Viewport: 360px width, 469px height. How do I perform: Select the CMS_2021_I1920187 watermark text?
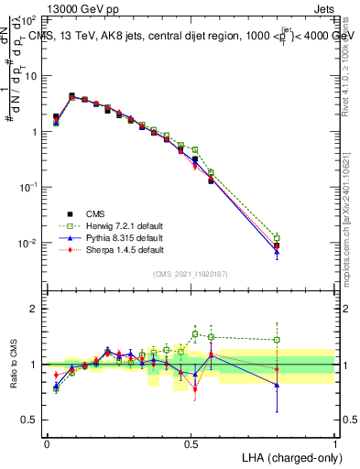[x=191, y=274]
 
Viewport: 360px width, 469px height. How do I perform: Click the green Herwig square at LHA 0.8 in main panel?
[x=278, y=238]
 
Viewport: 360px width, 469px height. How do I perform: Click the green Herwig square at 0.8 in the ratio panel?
[x=278, y=340]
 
